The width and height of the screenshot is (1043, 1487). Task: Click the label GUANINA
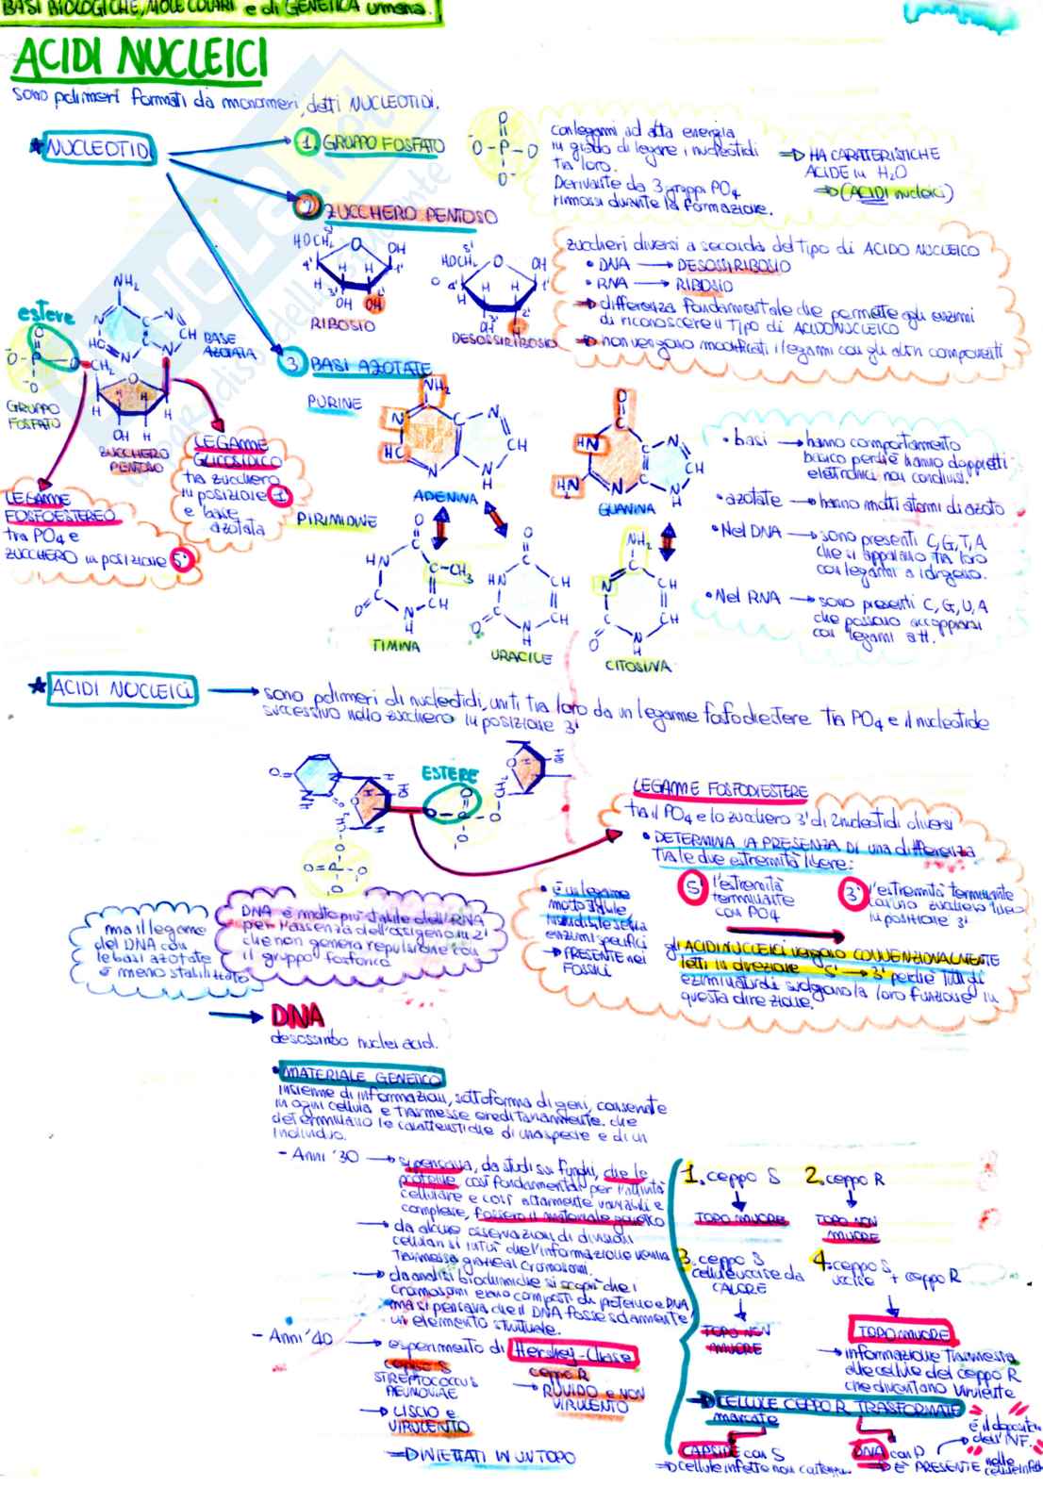coord(625,508)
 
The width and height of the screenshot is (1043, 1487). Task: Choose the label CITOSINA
coord(637,666)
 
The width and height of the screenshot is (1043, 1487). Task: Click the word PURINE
coord(334,403)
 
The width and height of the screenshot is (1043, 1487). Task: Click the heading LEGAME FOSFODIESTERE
coord(723,790)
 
